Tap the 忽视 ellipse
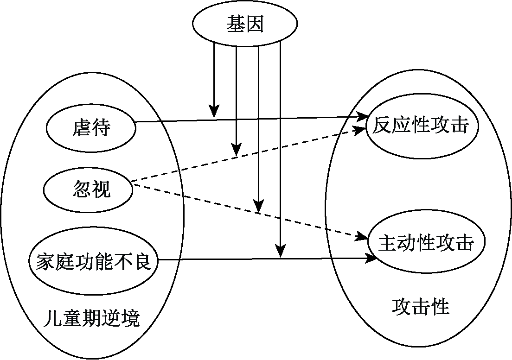[x=88, y=189]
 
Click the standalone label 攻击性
[x=421, y=306]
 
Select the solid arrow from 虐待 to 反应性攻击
[x=288, y=119]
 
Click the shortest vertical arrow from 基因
[x=213, y=79]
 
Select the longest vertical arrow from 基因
[x=280, y=148]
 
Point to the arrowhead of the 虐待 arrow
[x=362, y=117]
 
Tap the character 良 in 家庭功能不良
[x=144, y=263]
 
